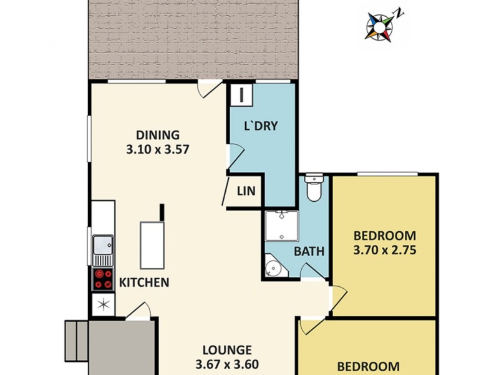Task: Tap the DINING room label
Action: pyautogui.click(x=158, y=134)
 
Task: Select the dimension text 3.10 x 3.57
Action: pyautogui.click(x=158, y=149)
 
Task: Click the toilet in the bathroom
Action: pyautogui.click(x=312, y=188)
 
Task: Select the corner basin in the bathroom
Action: pyautogui.click(x=273, y=267)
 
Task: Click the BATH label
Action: pyautogui.click(x=309, y=252)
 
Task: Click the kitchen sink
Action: pyautogui.click(x=102, y=248)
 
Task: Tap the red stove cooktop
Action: pyautogui.click(x=103, y=279)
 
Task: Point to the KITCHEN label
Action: pyautogui.click(x=144, y=282)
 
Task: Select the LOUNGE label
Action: pyautogui.click(x=227, y=350)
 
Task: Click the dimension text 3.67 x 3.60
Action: pyautogui.click(x=227, y=365)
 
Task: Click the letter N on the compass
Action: pyautogui.click(x=400, y=12)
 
